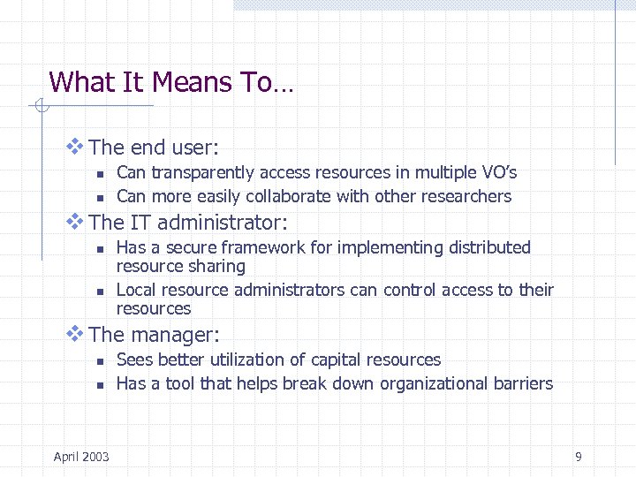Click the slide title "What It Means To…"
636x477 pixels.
point(172,83)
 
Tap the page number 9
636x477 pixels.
point(578,457)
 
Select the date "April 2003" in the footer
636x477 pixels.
point(81,457)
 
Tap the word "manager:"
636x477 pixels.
point(175,335)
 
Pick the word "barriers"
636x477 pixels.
point(523,383)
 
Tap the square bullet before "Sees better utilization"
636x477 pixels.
point(101,361)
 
